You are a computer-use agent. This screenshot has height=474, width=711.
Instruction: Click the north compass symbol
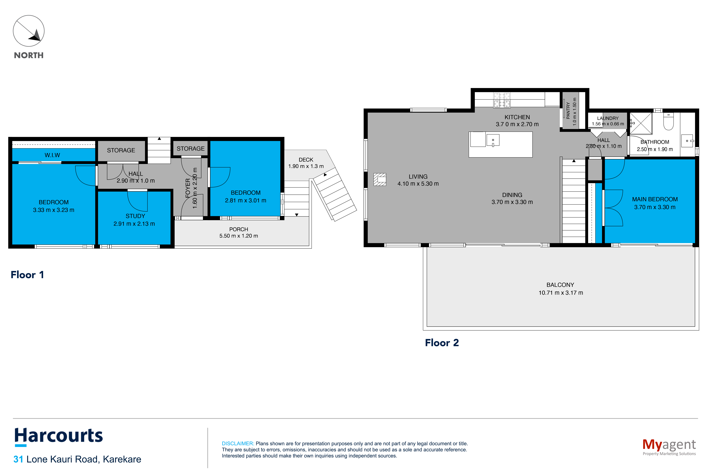click(29, 31)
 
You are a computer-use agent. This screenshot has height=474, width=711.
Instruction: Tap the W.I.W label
click(52, 155)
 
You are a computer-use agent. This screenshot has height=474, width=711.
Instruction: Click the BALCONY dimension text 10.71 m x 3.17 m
click(561, 293)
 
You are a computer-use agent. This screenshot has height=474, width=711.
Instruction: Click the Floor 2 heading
click(442, 343)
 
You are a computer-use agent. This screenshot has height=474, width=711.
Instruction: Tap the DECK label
click(306, 160)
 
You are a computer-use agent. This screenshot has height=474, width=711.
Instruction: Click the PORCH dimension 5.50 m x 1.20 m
click(238, 236)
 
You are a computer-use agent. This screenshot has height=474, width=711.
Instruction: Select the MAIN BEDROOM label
click(655, 199)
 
